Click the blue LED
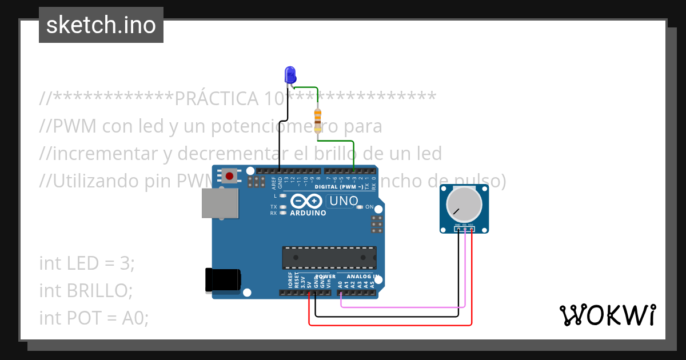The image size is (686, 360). coord(290,74)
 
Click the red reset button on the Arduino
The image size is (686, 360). coord(229,175)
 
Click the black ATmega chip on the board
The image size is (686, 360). coord(329,257)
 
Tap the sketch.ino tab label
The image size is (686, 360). coord(101,25)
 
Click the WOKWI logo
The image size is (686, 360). coord(607,315)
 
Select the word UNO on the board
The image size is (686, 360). coord(344,201)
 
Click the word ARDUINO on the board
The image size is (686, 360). coord(308,213)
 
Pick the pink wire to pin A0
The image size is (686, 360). coord(400,306)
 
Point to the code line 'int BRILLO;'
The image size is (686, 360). coord(86,290)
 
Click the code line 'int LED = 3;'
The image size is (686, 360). coord(87,263)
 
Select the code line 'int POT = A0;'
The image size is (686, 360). coord(94,317)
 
